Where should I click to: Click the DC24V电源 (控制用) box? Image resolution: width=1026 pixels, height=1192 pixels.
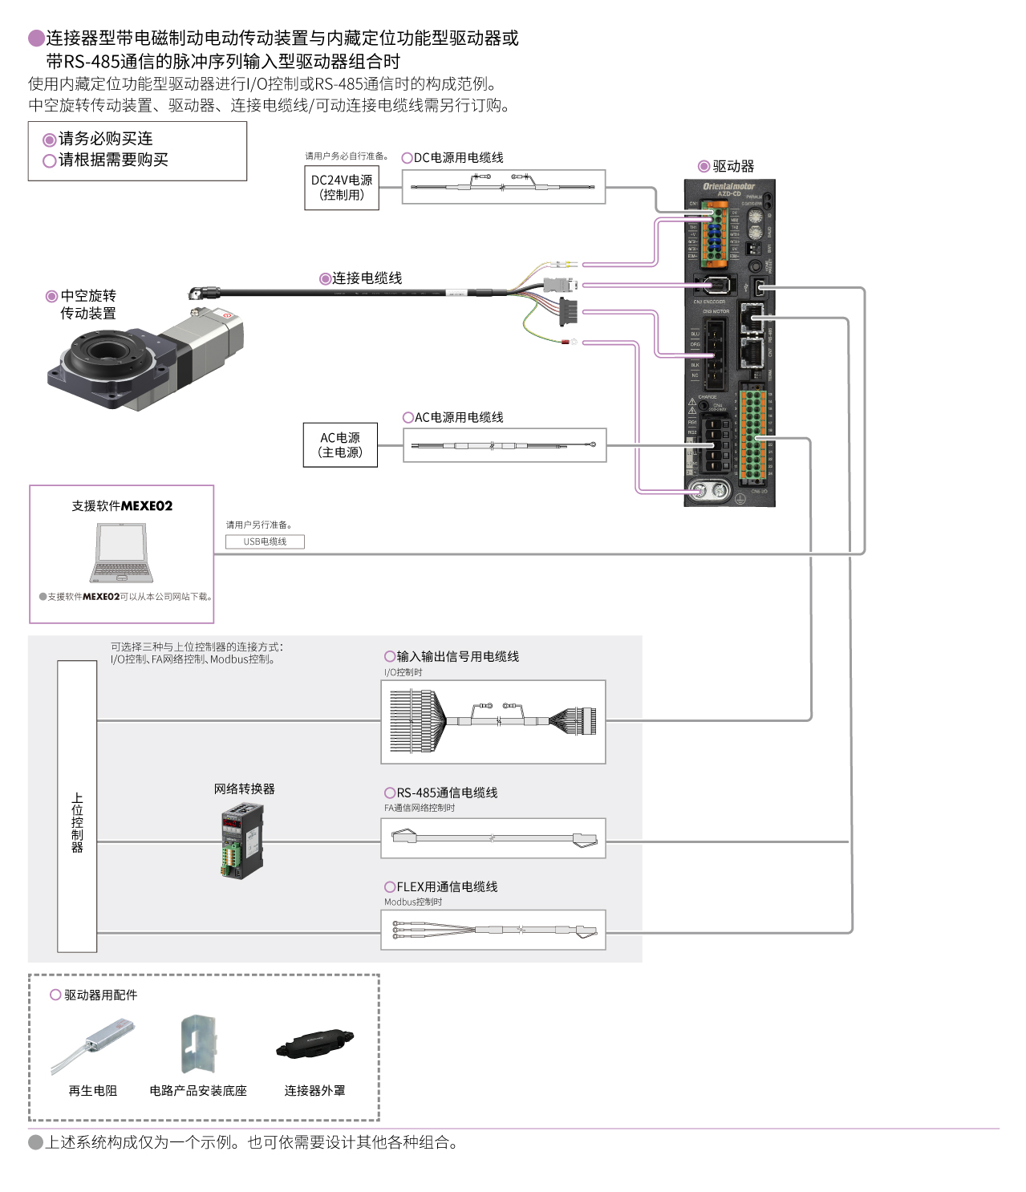(342, 188)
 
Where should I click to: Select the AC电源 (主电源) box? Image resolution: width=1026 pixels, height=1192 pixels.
(340, 445)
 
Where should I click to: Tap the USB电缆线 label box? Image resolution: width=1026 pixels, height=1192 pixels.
(265, 541)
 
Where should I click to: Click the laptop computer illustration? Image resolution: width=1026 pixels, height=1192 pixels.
(121, 553)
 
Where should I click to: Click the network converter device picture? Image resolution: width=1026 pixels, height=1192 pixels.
(242, 841)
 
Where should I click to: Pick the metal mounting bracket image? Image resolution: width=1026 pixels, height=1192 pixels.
(198, 1044)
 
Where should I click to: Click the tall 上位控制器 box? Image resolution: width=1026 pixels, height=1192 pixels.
(77, 806)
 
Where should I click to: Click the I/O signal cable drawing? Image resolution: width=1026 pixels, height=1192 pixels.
(493, 721)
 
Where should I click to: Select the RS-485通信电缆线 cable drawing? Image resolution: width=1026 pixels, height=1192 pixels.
(493, 838)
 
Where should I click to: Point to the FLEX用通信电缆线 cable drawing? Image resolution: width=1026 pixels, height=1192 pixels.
(493, 930)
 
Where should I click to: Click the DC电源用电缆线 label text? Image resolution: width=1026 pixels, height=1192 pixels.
(458, 158)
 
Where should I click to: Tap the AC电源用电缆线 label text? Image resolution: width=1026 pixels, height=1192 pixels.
(458, 418)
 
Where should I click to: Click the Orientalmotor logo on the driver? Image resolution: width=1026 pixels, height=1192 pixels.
(728, 186)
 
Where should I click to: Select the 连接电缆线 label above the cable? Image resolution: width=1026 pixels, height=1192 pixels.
(367, 278)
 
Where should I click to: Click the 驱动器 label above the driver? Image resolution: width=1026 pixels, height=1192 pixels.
(732, 166)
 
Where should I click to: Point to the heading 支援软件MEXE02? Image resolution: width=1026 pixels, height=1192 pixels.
(122, 506)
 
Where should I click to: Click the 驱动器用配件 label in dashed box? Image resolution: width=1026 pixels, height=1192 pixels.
(100, 995)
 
